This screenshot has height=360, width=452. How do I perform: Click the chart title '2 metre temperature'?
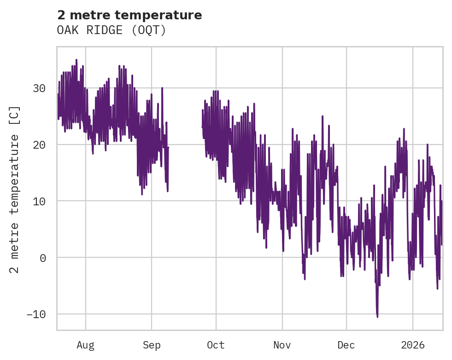click(129, 15)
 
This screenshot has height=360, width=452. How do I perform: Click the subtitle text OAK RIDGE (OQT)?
click(111, 30)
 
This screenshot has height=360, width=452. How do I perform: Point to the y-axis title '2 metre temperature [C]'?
click(15, 190)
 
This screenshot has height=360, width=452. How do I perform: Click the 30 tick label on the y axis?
click(40, 88)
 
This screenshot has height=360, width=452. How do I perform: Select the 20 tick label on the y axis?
click(40, 145)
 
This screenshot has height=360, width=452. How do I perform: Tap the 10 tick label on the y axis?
click(40, 201)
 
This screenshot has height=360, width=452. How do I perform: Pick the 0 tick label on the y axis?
click(43, 258)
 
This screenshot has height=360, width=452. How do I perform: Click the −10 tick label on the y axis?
click(37, 314)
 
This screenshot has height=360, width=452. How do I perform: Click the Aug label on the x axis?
click(85, 345)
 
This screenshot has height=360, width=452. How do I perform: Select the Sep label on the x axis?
click(152, 345)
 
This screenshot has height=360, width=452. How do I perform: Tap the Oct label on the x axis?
click(216, 345)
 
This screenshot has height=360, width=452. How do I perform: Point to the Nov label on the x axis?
click(282, 345)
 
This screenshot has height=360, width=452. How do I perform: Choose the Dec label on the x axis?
click(346, 345)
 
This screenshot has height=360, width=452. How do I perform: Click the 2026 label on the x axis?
click(413, 345)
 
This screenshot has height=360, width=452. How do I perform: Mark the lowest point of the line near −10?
click(377, 316)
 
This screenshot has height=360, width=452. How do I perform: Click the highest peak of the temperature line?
click(76, 60)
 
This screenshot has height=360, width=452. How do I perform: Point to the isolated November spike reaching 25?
click(323, 116)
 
